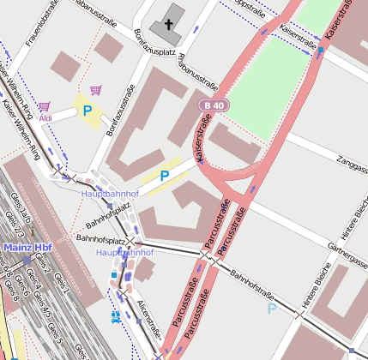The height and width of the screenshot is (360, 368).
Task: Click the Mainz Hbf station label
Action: click(28, 249)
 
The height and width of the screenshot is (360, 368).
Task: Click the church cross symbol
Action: click(169, 25)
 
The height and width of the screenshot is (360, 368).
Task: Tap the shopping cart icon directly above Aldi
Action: click(44, 105)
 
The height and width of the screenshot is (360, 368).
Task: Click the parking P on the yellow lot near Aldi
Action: click(87, 111)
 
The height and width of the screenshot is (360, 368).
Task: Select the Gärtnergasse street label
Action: click(347, 248)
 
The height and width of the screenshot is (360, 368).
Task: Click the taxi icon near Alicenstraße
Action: click(115, 315)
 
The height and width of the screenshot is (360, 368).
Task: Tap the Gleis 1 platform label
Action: click(63, 285)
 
